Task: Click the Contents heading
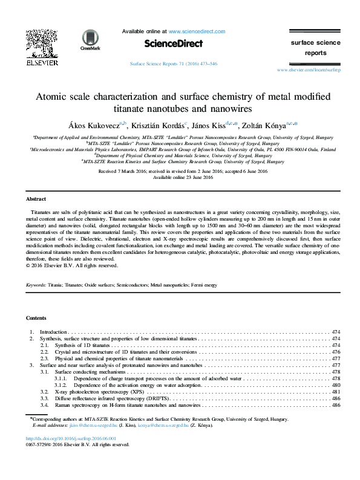click(x=36, y=317)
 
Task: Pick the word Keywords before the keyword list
click(x=36, y=284)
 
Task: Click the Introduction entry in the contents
click(x=53, y=332)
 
